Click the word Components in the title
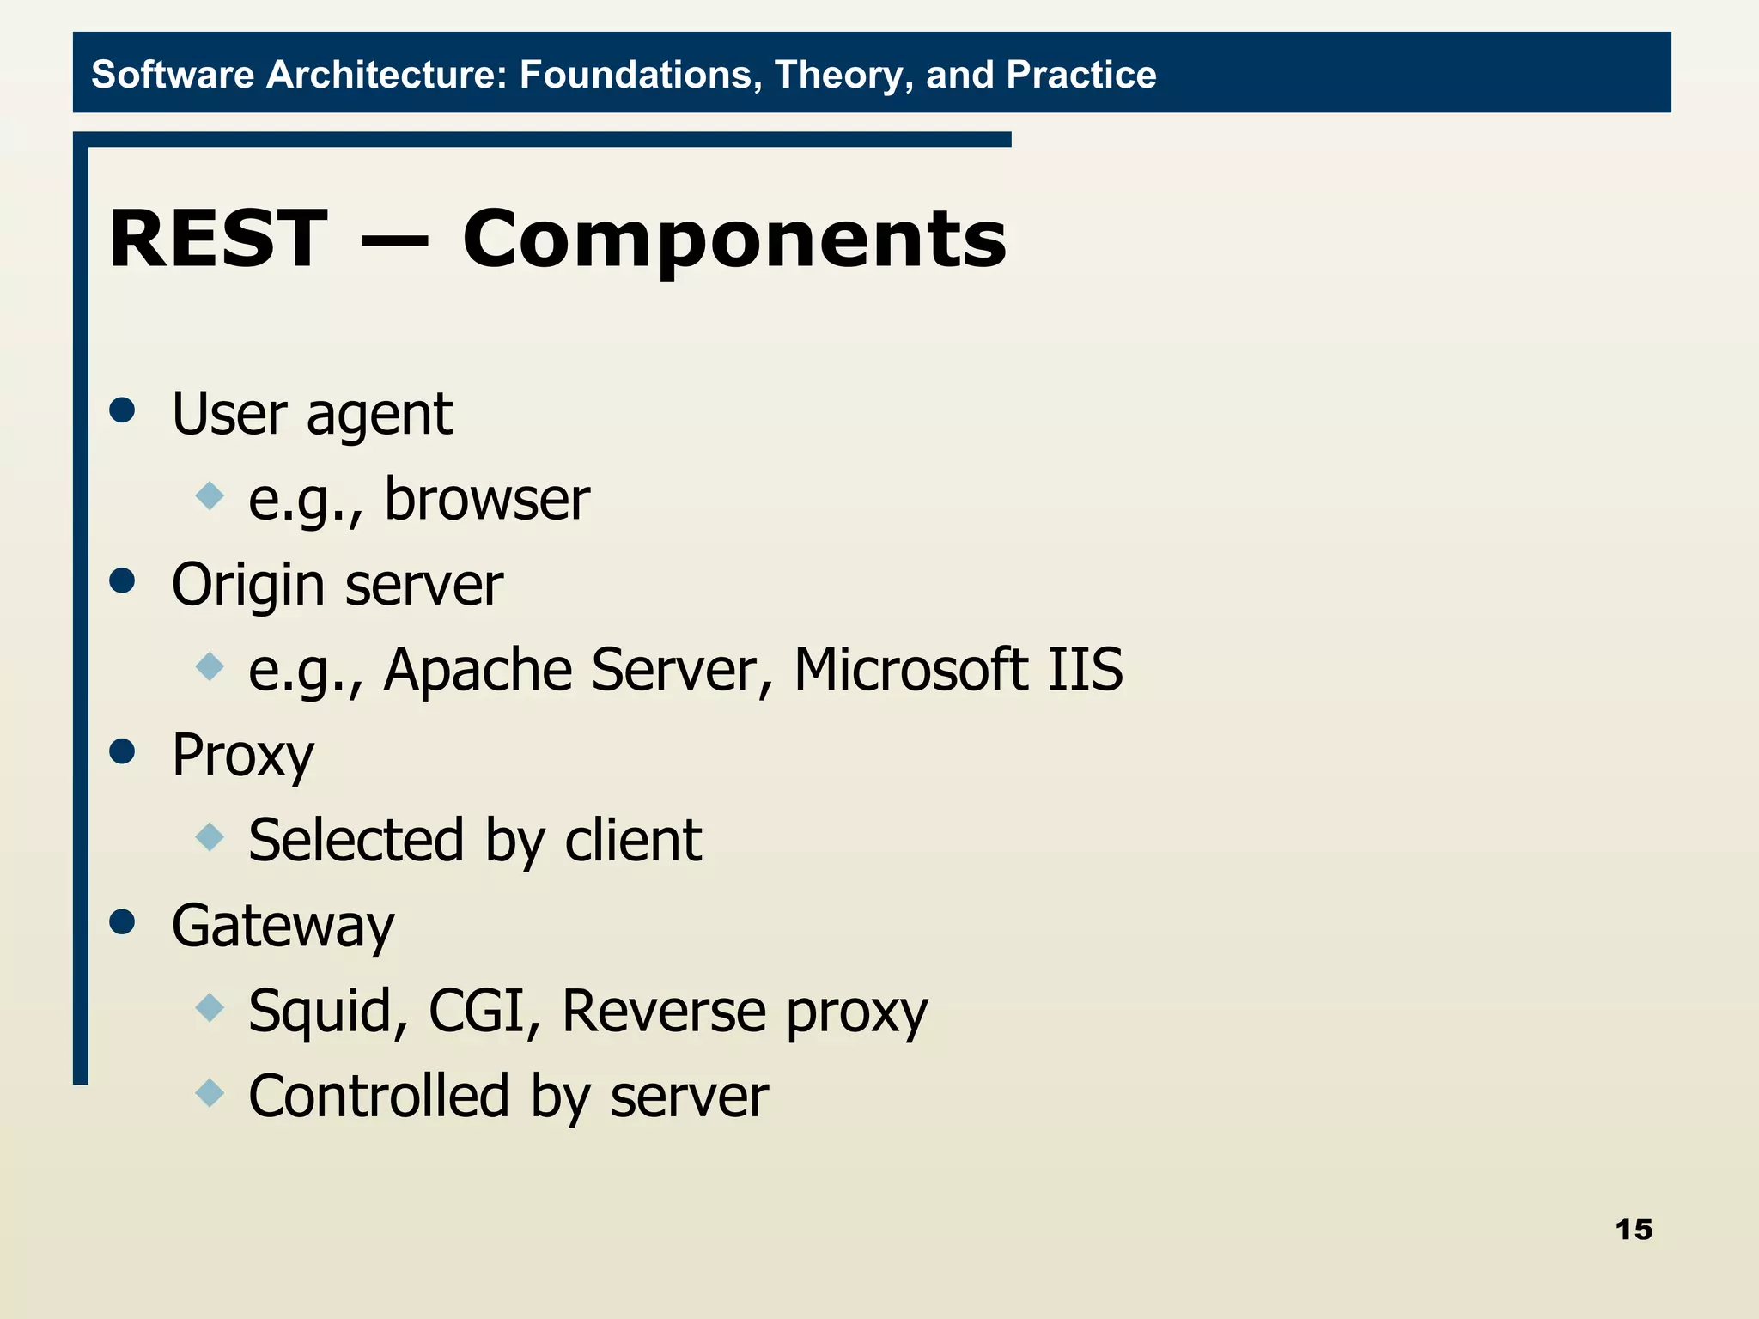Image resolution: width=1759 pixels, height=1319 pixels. pos(734,240)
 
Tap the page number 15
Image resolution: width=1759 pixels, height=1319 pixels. pos(1633,1229)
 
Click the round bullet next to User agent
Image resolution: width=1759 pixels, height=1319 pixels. pos(123,410)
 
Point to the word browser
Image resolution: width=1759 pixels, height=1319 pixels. pos(487,499)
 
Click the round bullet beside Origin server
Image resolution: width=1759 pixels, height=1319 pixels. pos(123,580)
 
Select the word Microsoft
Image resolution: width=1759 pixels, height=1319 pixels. pos(910,669)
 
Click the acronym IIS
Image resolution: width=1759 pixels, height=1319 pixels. pos(1085,669)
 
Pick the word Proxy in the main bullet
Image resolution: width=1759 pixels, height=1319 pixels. pos(243,756)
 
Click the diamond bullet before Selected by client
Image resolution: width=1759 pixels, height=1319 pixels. pos(210,836)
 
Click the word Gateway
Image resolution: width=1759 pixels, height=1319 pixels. pos(283,927)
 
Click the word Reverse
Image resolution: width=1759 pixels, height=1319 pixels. pos(663,1010)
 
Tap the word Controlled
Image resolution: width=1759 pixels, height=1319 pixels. pos(379,1096)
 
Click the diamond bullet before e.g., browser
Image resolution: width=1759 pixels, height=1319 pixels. pos(210,495)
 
